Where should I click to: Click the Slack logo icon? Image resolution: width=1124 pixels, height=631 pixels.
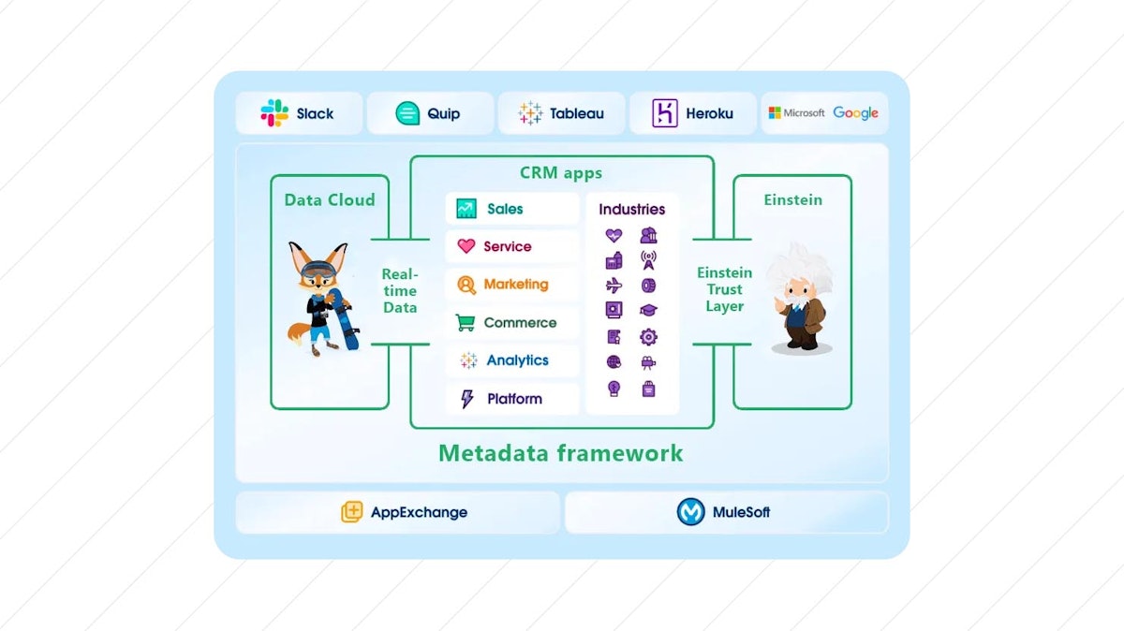pyautogui.click(x=274, y=113)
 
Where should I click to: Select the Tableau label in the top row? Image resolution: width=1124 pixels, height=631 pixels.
pyautogui.click(x=576, y=114)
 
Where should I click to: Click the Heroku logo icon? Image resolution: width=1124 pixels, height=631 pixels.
pyautogui.click(x=665, y=113)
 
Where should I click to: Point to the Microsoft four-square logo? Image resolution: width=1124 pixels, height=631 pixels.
pyautogui.click(x=775, y=113)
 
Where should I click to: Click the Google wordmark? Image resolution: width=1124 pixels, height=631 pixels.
pyautogui.click(x=855, y=113)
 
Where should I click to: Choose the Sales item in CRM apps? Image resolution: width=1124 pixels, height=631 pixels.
pyautogui.click(x=505, y=209)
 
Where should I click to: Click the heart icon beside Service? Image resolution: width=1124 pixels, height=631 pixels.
pyautogui.click(x=466, y=246)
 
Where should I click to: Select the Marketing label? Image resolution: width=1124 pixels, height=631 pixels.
pyautogui.click(x=516, y=285)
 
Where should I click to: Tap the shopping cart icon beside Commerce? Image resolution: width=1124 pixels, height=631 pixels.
pyautogui.click(x=466, y=323)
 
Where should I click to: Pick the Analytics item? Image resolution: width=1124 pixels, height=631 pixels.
pyautogui.click(x=517, y=360)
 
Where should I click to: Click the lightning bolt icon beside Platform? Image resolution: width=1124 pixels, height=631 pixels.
pyautogui.click(x=466, y=400)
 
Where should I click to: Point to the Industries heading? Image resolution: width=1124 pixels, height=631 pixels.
pyautogui.click(x=632, y=210)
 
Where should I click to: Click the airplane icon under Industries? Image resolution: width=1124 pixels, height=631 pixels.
pyautogui.click(x=614, y=286)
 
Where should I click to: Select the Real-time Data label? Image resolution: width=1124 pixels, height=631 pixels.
pyautogui.click(x=399, y=290)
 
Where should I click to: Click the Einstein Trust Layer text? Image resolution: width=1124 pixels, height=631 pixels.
pyautogui.click(x=725, y=289)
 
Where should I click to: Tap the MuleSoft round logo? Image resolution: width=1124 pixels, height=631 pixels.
pyautogui.click(x=690, y=512)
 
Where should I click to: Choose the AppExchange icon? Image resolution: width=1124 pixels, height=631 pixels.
pyautogui.click(x=351, y=512)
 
